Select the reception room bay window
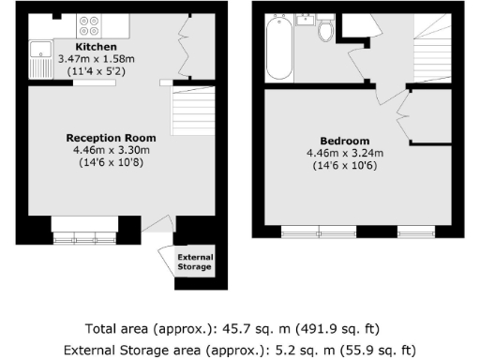coord(84,232)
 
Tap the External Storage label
coord(195,262)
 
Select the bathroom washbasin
coord(305,21)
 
